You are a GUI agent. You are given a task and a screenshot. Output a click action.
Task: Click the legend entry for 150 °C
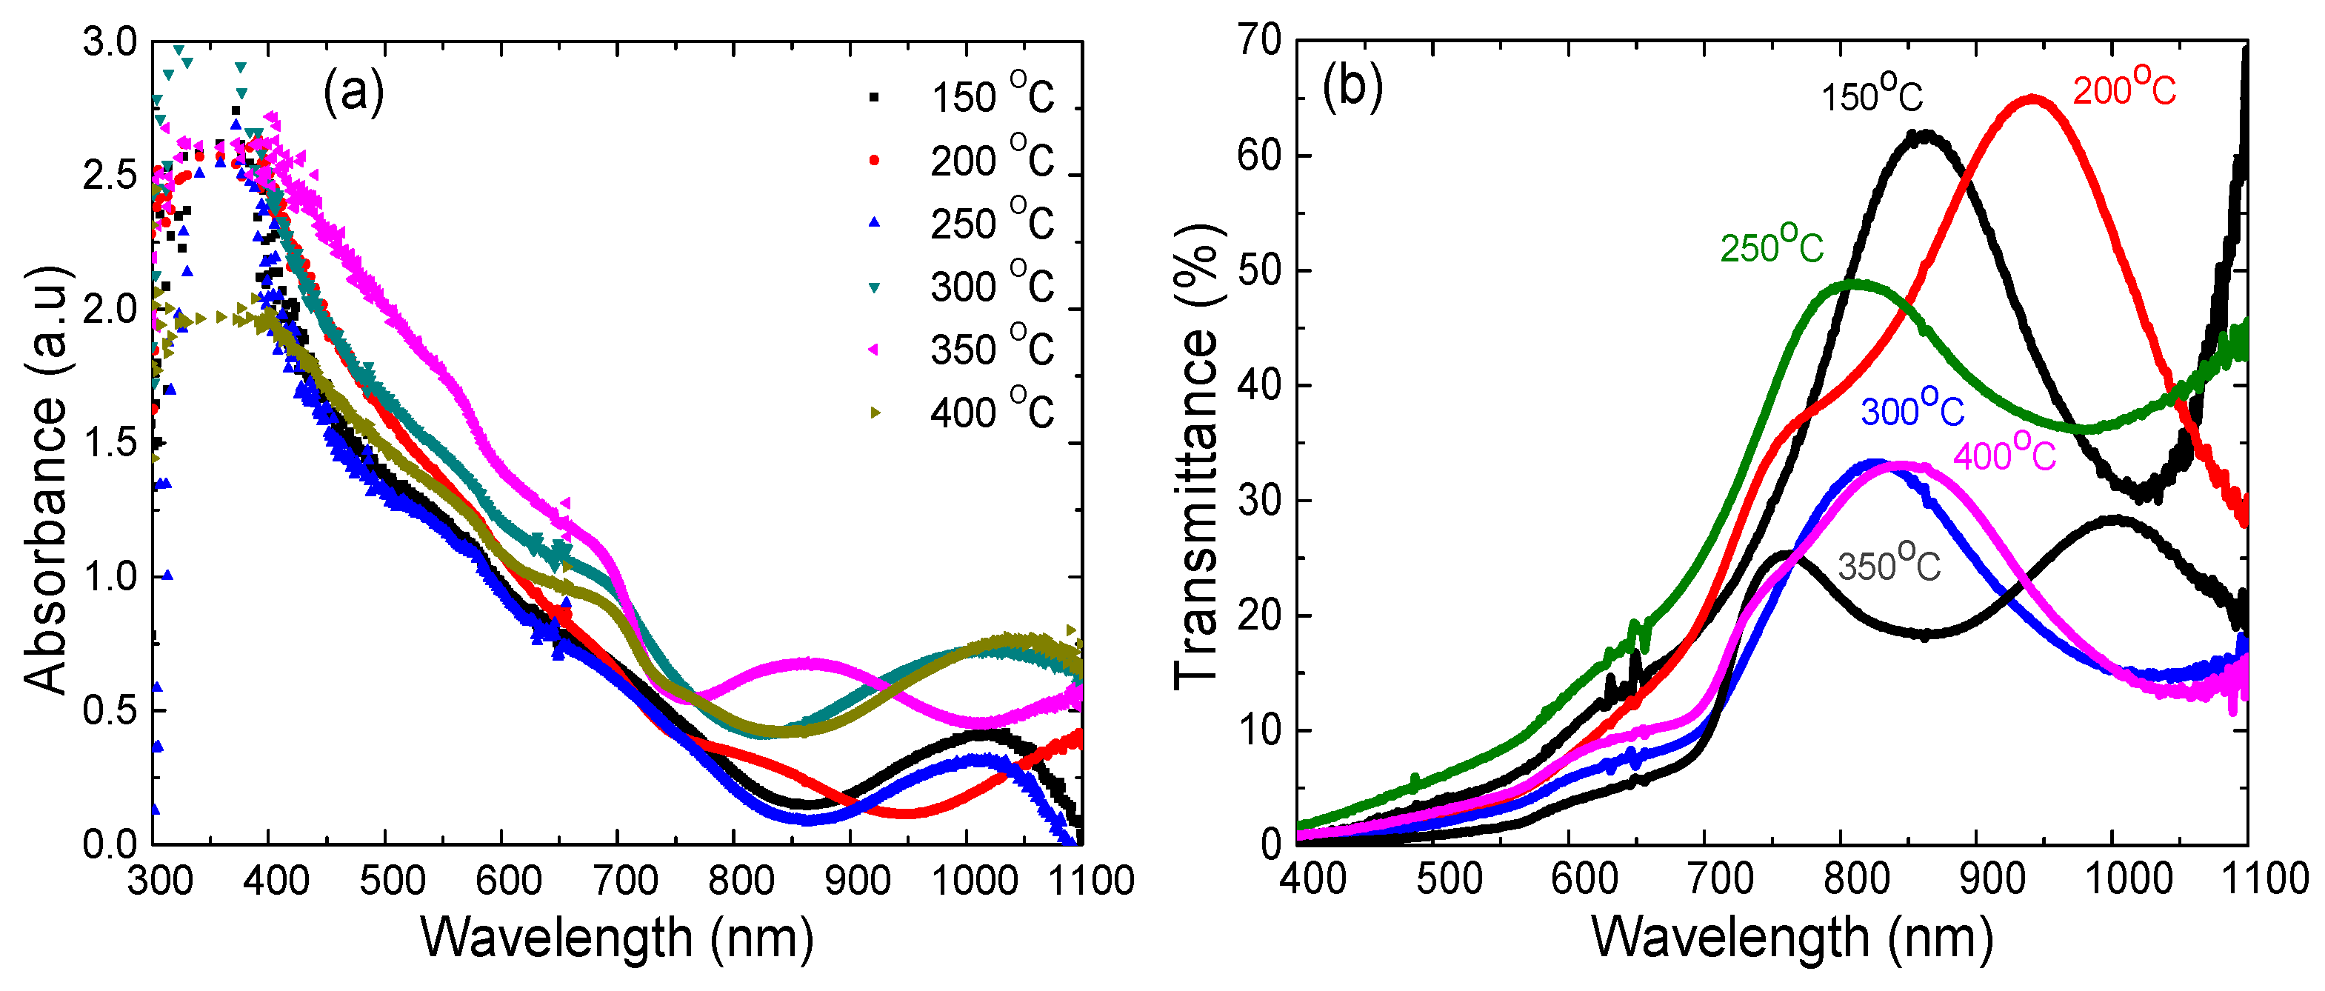(962, 96)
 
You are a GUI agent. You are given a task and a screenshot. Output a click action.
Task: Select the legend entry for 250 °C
(962, 222)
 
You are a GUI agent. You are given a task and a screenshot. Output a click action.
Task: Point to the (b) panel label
(1352, 88)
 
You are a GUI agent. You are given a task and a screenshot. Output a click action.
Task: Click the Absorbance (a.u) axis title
(45, 479)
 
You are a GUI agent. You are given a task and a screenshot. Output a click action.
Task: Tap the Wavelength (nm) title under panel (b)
(1792, 938)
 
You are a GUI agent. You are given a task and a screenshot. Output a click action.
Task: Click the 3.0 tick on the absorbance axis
(110, 42)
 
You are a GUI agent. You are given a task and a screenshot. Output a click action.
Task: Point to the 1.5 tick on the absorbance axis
(110, 443)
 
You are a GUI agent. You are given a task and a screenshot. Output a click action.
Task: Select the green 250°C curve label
(1772, 244)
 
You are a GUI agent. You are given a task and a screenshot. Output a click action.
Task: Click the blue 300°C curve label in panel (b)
(1912, 408)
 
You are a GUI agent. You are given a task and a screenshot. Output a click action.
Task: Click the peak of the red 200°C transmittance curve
(2032, 99)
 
